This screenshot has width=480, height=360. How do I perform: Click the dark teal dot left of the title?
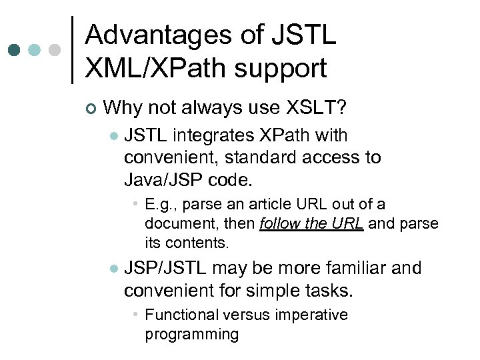[x=14, y=50]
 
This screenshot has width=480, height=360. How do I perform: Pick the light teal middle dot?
[x=35, y=50]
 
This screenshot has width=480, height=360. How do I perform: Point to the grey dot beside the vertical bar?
[x=55, y=50]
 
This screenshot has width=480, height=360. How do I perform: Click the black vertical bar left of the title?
[x=72, y=50]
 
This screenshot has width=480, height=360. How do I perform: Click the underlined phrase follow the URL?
[x=311, y=223]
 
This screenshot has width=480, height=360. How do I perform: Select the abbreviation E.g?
[x=161, y=205]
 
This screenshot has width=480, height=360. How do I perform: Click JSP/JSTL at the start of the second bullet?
[x=167, y=268]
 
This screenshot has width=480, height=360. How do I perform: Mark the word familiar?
[x=361, y=268]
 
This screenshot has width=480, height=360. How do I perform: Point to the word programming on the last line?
[x=191, y=333]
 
